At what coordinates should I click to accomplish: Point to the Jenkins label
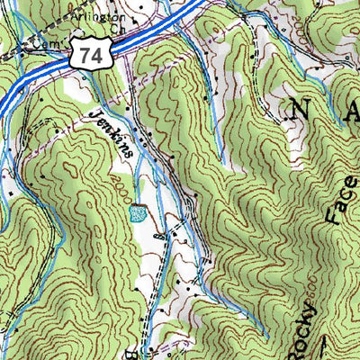click(x=112, y=132)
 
